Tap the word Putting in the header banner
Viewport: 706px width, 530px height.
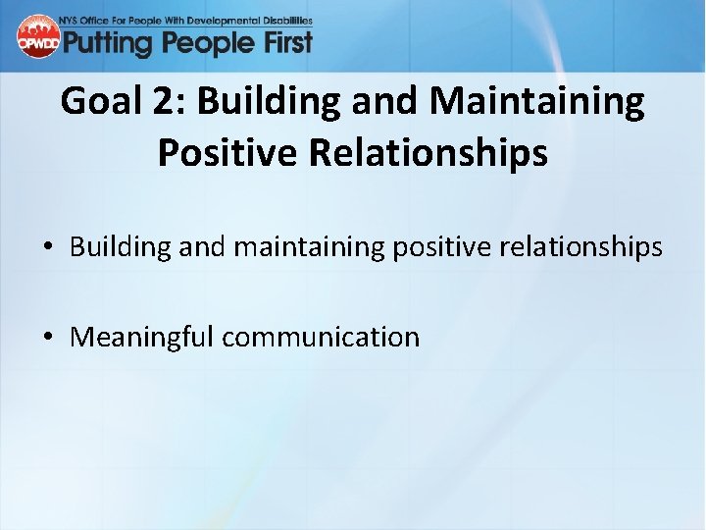point(108,42)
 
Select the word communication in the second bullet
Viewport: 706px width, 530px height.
point(321,338)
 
